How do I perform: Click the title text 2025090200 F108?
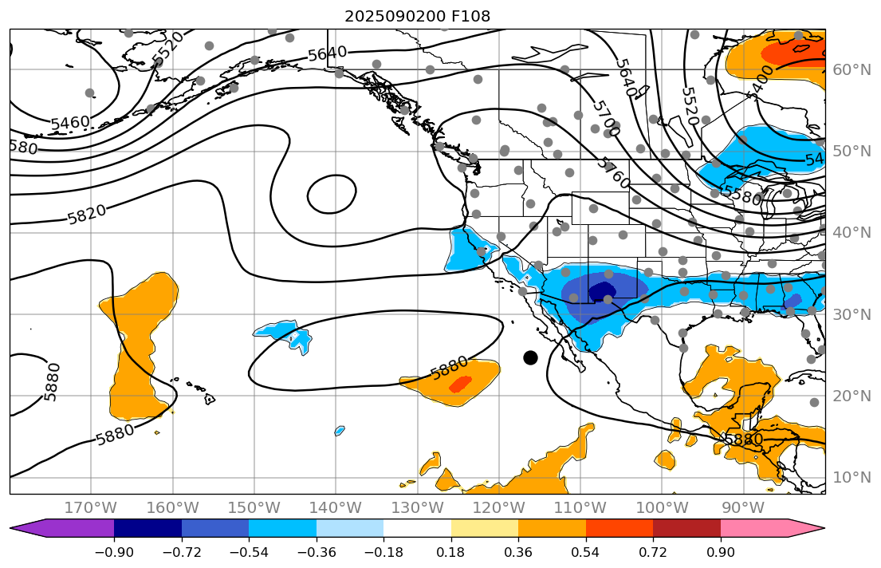pos(417,16)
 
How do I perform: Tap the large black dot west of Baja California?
pos(530,357)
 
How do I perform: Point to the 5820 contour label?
pos(87,214)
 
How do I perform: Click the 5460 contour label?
pos(70,123)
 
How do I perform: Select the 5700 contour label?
pos(606,116)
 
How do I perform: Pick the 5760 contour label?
pos(613,172)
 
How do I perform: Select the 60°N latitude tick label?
pos(852,69)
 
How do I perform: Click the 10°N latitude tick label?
pos(852,477)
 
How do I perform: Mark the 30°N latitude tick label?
pos(852,314)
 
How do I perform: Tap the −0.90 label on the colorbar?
pos(114,553)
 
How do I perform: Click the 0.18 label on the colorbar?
pos(451,553)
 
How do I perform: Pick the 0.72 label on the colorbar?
pos(653,553)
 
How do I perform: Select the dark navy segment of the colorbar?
pos(148,528)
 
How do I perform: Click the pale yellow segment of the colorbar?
pos(485,528)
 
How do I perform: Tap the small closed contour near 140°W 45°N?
pos(332,195)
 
